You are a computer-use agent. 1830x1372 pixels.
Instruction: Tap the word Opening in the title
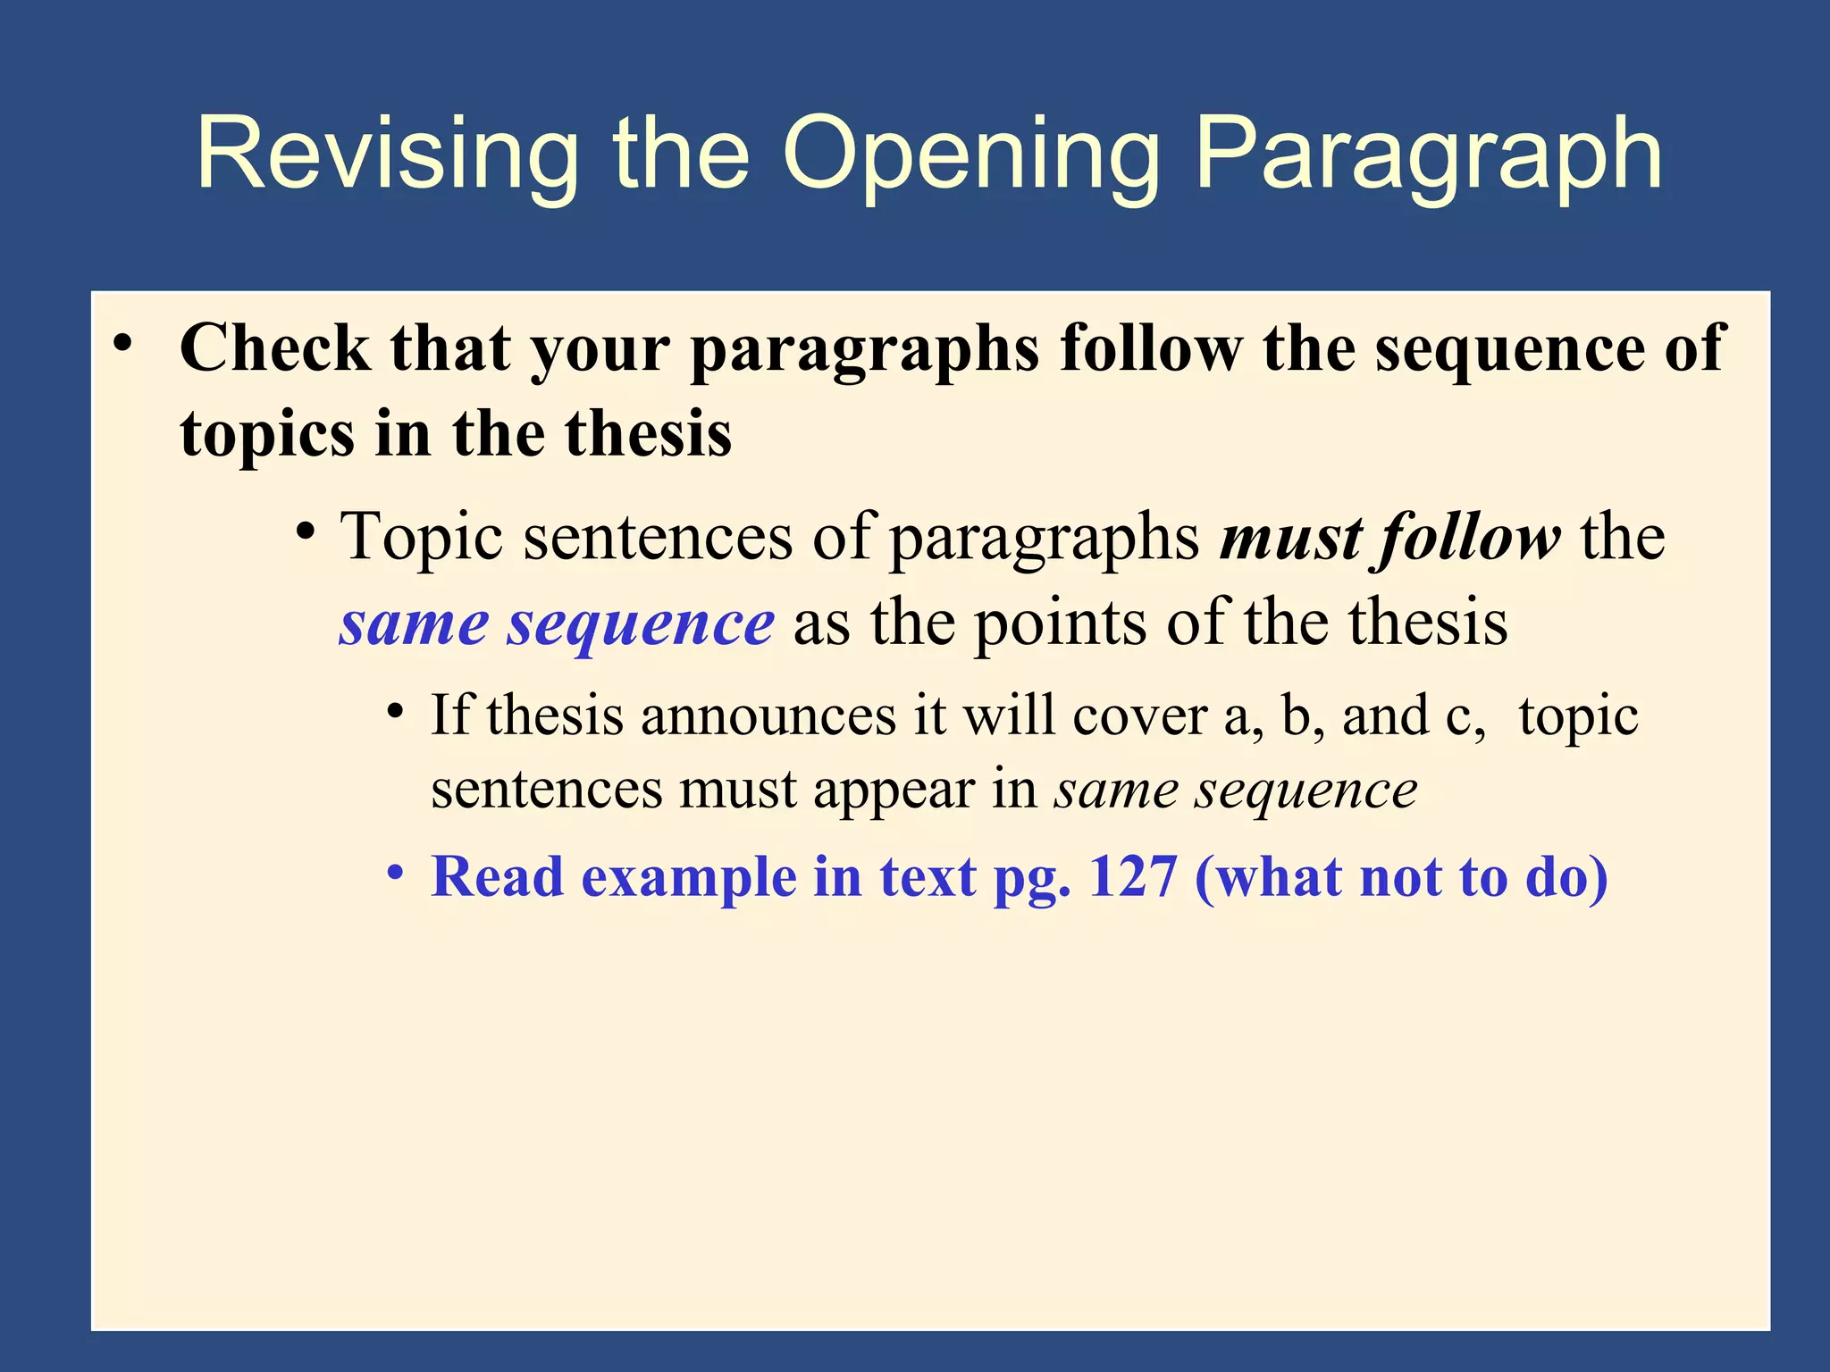click(x=970, y=154)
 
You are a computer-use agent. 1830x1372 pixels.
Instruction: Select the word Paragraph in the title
click(x=1428, y=154)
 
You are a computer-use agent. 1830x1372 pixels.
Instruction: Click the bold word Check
click(x=274, y=348)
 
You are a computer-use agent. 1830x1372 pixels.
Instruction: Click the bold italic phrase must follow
click(x=1390, y=538)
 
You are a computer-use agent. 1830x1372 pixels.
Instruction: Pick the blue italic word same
click(x=414, y=623)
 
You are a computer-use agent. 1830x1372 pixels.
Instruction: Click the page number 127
click(x=1133, y=877)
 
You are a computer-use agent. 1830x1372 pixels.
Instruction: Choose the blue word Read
click(x=497, y=877)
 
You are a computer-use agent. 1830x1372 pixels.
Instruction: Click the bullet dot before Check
click(x=123, y=344)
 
